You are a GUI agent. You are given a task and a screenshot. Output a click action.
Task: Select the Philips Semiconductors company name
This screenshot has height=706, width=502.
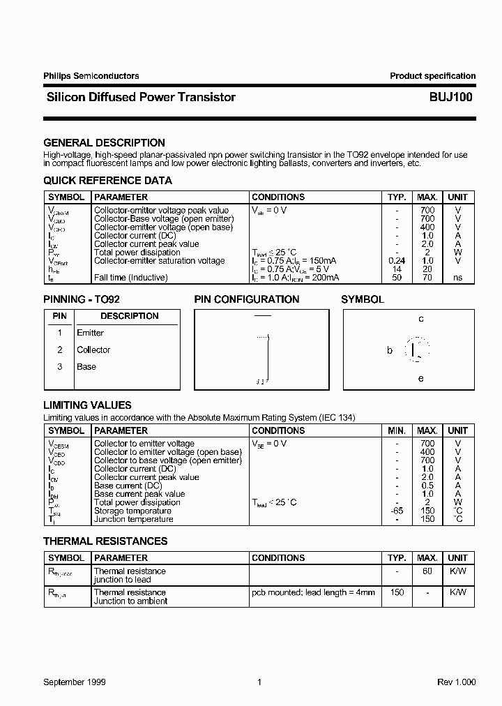click(91, 76)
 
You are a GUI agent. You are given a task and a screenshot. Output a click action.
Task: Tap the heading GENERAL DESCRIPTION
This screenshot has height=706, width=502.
click(104, 143)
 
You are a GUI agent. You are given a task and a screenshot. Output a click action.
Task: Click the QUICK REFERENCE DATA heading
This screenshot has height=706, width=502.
click(107, 181)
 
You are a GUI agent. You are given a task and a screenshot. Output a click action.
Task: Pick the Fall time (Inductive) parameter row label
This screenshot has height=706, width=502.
click(130, 278)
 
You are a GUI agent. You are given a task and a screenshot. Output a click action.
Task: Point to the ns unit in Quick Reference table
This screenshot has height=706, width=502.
click(457, 278)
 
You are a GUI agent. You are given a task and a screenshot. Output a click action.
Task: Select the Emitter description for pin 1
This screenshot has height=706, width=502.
click(90, 333)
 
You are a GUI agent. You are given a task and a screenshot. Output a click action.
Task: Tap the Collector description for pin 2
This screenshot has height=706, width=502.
click(93, 350)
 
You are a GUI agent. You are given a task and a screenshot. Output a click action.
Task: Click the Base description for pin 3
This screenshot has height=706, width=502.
click(86, 366)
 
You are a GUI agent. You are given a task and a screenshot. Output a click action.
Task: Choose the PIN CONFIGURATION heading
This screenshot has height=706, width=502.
click(246, 299)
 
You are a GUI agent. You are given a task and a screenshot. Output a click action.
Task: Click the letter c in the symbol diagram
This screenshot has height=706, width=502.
click(421, 319)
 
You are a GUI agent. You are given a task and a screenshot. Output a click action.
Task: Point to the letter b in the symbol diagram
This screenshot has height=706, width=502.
click(390, 350)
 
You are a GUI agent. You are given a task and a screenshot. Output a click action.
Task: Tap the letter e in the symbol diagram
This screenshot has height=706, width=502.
click(421, 379)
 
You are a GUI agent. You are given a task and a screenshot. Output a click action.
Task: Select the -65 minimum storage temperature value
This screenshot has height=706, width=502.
click(396, 511)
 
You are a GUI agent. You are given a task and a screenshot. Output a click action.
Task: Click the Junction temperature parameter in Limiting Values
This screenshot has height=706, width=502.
click(133, 519)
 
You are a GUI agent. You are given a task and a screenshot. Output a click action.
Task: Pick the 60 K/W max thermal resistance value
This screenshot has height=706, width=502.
click(427, 571)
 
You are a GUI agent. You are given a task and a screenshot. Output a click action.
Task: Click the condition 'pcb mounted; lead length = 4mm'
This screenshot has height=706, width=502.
click(313, 592)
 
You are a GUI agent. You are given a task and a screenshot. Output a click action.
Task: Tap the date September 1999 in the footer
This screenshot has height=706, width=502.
click(74, 682)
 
